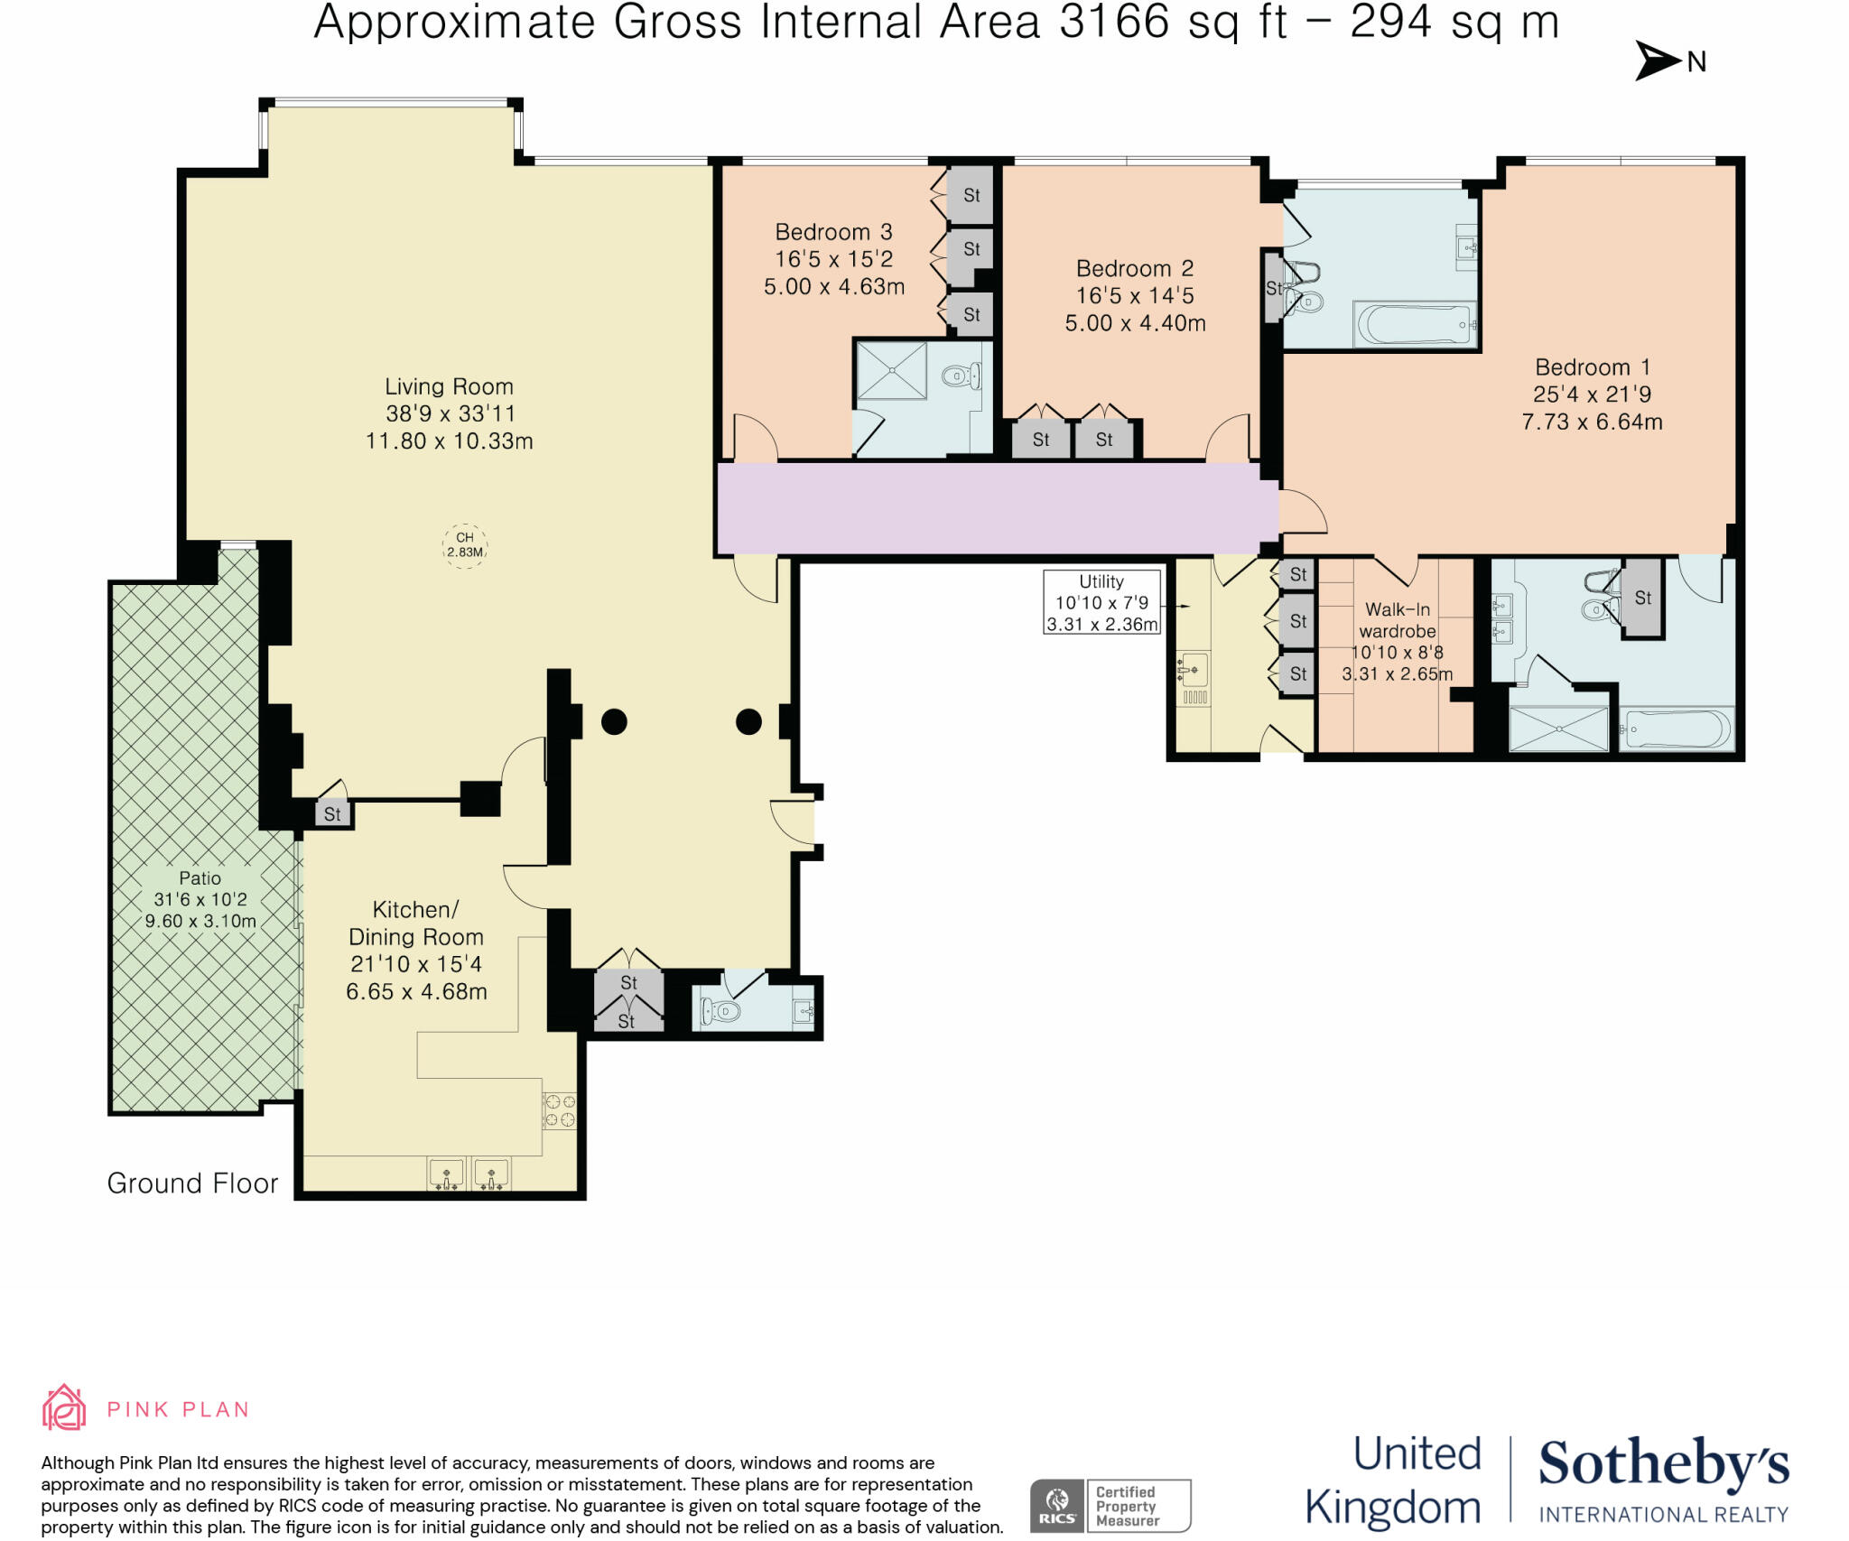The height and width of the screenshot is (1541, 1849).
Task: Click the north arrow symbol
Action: pyautogui.click(x=1658, y=60)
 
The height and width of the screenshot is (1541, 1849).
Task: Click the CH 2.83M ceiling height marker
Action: pyautogui.click(x=465, y=545)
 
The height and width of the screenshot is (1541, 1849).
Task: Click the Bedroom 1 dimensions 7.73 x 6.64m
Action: pyautogui.click(x=1592, y=422)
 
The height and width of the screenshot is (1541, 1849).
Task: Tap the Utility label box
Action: pyautogui.click(x=1101, y=602)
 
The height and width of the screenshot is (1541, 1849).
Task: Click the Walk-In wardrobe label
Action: pyautogui.click(x=1397, y=620)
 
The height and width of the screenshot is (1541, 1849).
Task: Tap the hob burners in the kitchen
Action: pyautogui.click(x=559, y=1110)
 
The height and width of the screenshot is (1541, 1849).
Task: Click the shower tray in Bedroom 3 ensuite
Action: pyautogui.click(x=891, y=370)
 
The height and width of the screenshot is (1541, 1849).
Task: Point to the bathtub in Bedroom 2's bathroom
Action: pyautogui.click(x=1414, y=325)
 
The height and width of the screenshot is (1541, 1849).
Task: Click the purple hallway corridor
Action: pyautogui.click(x=993, y=507)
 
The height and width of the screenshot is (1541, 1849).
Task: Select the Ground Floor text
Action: pyautogui.click(x=192, y=1183)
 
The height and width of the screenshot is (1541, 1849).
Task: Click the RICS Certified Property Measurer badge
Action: pyautogui.click(x=1110, y=1505)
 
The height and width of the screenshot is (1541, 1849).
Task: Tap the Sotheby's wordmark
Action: pyautogui.click(x=1663, y=1464)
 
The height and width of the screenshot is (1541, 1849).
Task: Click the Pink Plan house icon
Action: pyautogui.click(x=64, y=1407)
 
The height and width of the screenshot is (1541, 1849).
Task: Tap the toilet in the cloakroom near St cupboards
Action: pyautogui.click(x=723, y=1011)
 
